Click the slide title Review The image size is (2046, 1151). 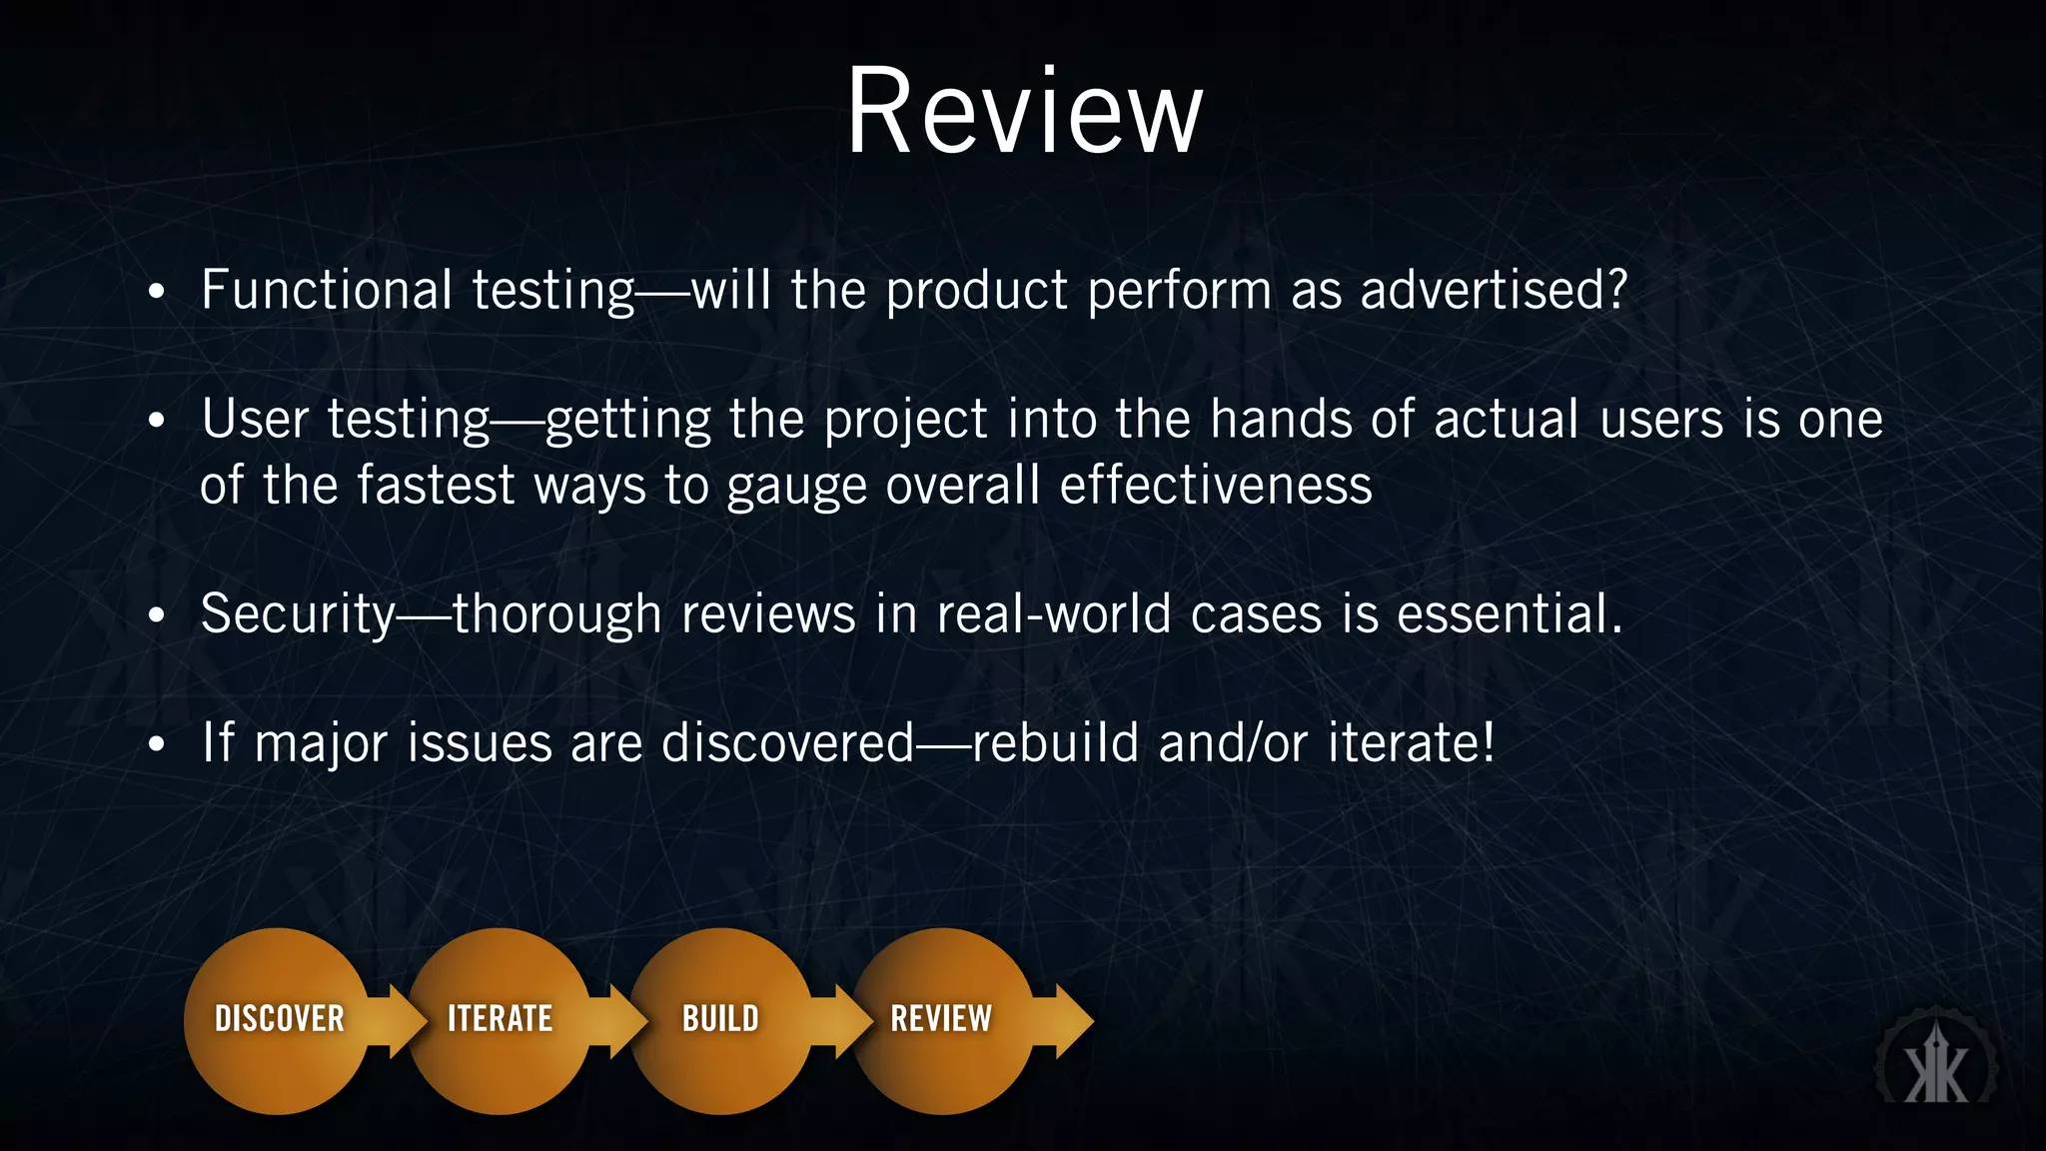pyautogui.click(x=1024, y=111)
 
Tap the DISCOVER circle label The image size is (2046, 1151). pyautogui.click(x=280, y=1018)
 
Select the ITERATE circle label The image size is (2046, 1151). pyautogui.click(x=500, y=1018)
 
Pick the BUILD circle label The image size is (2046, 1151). pyautogui.click(x=720, y=1018)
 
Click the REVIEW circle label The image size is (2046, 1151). pyautogui.click(x=941, y=1018)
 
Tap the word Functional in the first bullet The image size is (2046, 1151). pyautogui.click(x=327, y=290)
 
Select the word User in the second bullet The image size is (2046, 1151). pyautogui.click(x=255, y=419)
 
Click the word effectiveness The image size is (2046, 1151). pyautogui.click(x=1215, y=486)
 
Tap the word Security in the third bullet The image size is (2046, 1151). pyautogui.click(x=298, y=613)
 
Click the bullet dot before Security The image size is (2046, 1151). pyautogui.click(x=155, y=616)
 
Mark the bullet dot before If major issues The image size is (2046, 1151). pyautogui.click(x=155, y=745)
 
